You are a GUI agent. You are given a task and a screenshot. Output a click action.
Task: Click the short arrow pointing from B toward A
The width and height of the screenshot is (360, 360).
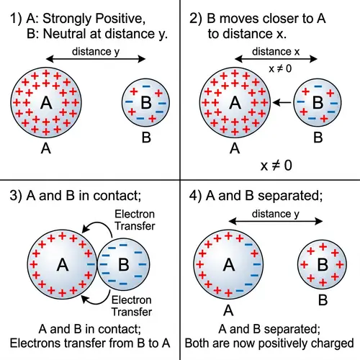tap(283, 103)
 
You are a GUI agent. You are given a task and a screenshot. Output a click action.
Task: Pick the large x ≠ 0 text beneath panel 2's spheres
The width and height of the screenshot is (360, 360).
tap(277, 165)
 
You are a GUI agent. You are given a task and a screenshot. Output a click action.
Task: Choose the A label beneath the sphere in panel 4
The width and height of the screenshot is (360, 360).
tap(228, 311)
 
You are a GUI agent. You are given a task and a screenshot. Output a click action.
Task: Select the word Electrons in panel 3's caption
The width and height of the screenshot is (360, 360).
tap(48, 341)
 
